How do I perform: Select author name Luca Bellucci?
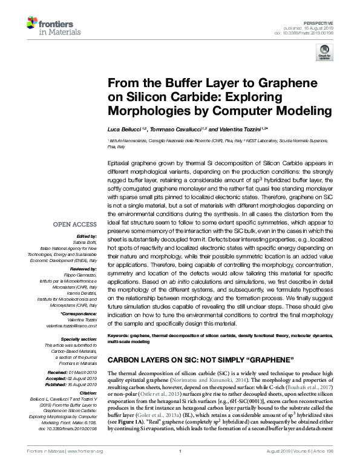click(x=123, y=130)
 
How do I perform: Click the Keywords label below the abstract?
click(x=120, y=334)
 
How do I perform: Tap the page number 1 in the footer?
click(x=180, y=467)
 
